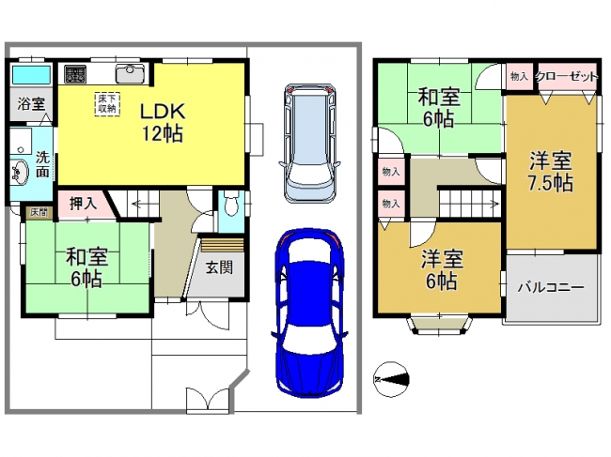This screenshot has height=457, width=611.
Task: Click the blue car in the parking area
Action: tap(308, 313)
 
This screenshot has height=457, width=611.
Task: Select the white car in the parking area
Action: tap(310, 144)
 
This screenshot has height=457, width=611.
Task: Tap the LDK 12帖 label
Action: tap(162, 123)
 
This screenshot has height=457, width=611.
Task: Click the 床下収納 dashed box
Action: tap(107, 104)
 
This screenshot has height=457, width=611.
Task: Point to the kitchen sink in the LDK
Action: tap(130, 74)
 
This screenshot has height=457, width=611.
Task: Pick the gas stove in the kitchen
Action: tap(75, 74)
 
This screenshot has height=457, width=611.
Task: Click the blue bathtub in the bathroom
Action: tap(32, 75)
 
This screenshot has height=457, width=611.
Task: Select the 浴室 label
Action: tap(31, 104)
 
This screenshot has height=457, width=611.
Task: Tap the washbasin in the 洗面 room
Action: tap(20, 172)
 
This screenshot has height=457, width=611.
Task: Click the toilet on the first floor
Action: tap(231, 204)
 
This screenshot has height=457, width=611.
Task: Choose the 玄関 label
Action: tap(219, 267)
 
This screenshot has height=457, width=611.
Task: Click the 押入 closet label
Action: tap(83, 204)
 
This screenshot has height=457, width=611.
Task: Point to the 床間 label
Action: tap(39, 212)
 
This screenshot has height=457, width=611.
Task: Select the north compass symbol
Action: tap(392, 379)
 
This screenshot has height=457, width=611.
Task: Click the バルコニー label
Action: tap(551, 287)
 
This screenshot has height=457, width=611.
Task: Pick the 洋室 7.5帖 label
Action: tap(551, 172)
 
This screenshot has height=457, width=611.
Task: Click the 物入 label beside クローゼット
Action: tap(519, 77)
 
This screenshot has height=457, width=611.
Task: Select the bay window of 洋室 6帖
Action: tap(439, 324)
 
